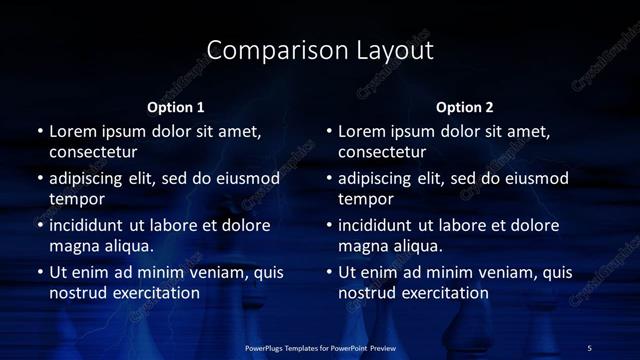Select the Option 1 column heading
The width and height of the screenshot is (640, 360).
[176, 107]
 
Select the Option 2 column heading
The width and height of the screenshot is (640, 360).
[465, 107]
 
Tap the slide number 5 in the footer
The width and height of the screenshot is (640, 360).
[589, 347]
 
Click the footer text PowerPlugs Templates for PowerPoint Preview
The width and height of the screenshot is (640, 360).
[319, 347]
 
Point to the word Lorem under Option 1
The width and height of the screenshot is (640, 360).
[73, 131]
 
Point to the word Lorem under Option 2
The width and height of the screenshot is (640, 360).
[363, 131]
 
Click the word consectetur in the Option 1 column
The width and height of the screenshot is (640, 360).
[93, 153]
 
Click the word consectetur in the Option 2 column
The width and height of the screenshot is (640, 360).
[383, 153]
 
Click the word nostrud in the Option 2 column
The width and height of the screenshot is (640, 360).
[369, 293]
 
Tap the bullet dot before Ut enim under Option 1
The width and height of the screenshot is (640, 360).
[39, 272]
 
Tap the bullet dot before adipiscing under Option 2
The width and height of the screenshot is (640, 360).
[329, 179]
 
